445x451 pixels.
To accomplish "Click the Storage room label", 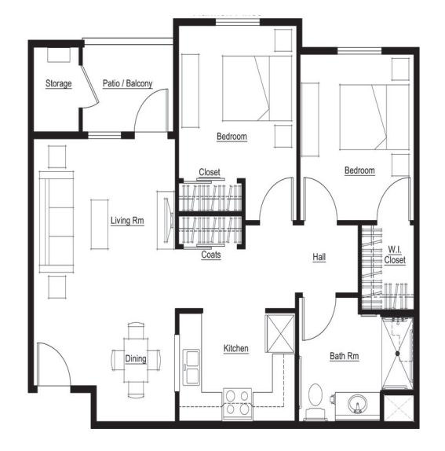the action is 59,84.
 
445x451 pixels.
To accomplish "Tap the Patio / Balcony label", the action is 128,83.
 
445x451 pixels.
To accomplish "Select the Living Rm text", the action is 127,221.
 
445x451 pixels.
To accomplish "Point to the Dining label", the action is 136,358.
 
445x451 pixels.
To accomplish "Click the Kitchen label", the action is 236,348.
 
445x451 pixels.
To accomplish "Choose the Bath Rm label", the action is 345,356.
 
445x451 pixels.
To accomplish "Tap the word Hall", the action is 319,257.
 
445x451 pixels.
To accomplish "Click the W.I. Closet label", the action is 395,255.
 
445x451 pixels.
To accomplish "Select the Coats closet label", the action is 211,255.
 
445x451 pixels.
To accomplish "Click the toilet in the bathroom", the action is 316,401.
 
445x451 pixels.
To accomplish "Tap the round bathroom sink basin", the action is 357,404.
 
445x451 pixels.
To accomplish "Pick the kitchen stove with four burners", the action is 237,404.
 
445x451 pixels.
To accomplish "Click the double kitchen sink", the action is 191,367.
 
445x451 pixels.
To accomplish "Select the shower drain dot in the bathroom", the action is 398,354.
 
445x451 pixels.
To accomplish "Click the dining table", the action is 136,360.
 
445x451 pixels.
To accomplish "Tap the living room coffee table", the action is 100,224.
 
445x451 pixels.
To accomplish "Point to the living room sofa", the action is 57,222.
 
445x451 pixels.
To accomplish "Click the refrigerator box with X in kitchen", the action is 280,334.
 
